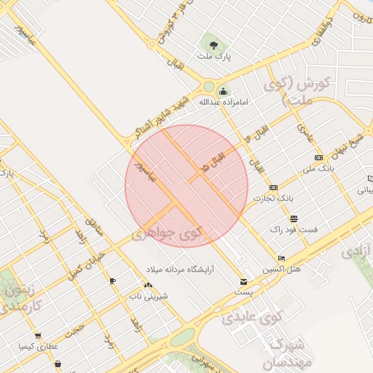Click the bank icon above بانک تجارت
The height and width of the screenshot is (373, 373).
tap(273, 188)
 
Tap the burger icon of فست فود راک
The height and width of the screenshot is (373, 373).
tap(294, 219)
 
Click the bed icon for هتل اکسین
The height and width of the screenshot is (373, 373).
tap(282, 259)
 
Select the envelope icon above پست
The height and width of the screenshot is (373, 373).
tap(243, 282)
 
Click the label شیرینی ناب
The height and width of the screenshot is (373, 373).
tap(149, 296)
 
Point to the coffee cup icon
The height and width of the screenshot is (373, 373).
tap(112, 280)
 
